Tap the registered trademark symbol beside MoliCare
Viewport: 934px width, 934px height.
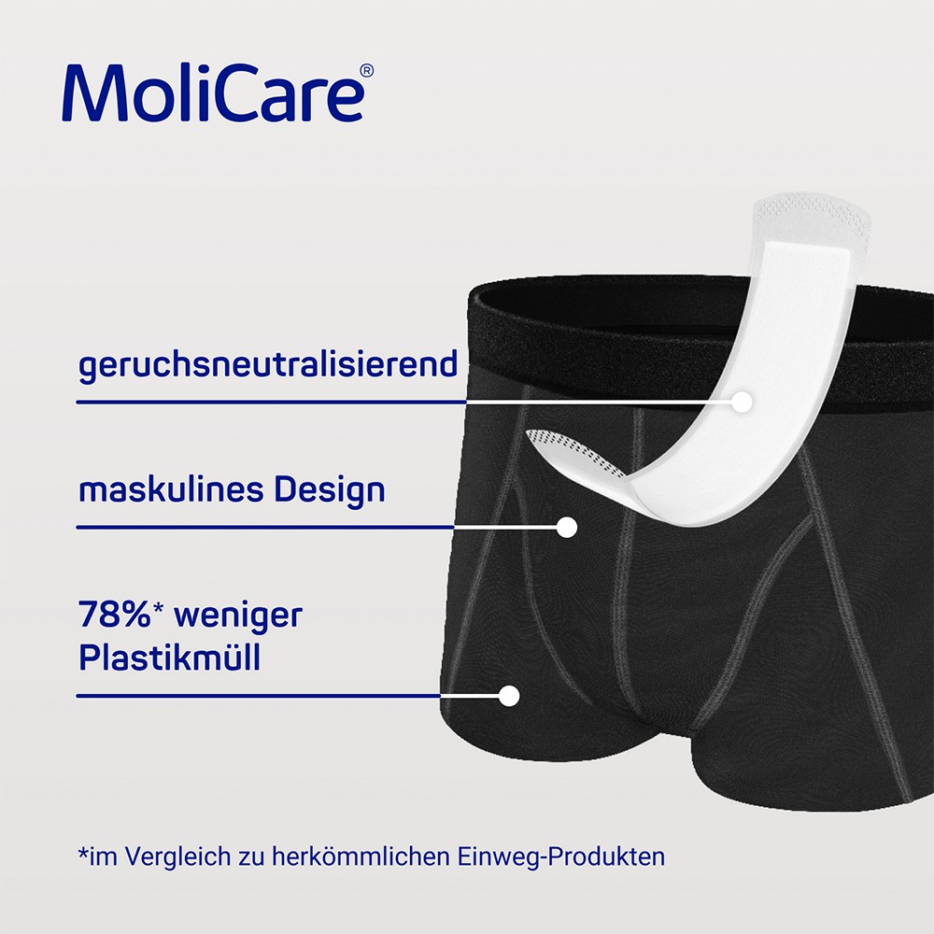[367, 71]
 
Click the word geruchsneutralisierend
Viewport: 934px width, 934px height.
[267, 364]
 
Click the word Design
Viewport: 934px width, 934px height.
[330, 492]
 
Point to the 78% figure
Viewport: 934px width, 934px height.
[114, 615]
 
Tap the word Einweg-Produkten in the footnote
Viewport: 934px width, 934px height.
[561, 857]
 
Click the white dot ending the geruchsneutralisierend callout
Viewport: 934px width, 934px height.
[742, 402]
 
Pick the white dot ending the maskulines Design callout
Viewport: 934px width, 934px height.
[567, 527]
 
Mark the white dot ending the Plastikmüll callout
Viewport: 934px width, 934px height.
[509, 696]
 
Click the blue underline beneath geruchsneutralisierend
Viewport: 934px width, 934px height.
[271, 402]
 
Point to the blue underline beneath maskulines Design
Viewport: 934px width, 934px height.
[265, 527]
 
